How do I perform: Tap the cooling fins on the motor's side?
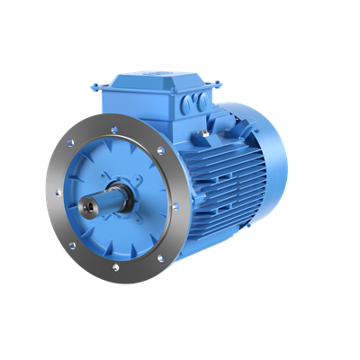tap(225, 180)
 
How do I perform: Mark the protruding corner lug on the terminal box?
tap(94, 86)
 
